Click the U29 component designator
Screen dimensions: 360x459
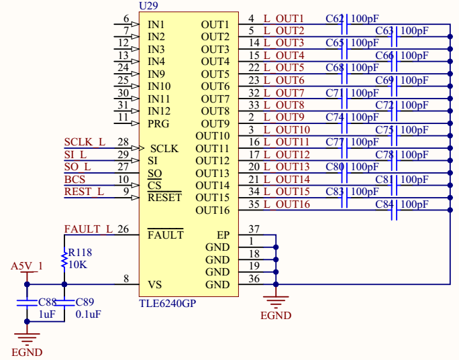click(x=148, y=5)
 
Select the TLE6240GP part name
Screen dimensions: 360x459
click(x=168, y=303)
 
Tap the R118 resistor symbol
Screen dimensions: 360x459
click(x=64, y=259)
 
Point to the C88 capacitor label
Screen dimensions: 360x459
click(x=48, y=302)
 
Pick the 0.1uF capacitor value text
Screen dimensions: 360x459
click(x=89, y=314)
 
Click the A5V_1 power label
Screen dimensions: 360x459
click(x=27, y=266)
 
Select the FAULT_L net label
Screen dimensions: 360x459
click(x=88, y=229)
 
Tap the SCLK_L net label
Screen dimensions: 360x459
click(x=85, y=142)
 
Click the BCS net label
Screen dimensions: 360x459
click(x=74, y=180)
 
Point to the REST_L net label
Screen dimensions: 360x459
click(x=84, y=192)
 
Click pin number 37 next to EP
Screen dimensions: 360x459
click(x=254, y=229)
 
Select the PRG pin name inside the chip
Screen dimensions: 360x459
click(x=158, y=123)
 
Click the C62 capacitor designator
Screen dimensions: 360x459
click(x=334, y=18)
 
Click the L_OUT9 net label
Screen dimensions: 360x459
click(x=284, y=117)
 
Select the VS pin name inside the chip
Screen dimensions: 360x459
click(x=154, y=285)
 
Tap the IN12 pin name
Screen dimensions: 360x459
click(x=159, y=111)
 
